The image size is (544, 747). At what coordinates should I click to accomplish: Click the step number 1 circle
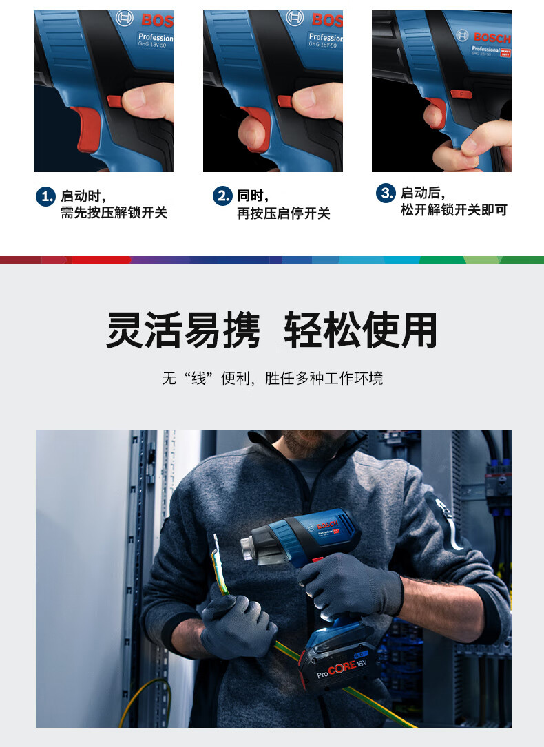[x=45, y=196]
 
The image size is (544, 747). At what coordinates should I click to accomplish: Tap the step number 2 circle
[x=222, y=196]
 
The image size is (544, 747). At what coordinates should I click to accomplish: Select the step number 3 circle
[x=386, y=193]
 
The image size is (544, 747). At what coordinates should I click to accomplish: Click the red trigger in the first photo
[x=87, y=128]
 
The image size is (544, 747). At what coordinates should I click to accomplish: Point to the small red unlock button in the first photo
[x=115, y=101]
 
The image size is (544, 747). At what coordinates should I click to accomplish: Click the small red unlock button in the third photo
[x=461, y=94]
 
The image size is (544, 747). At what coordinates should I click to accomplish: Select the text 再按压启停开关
[x=284, y=213]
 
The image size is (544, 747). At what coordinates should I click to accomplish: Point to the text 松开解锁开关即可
[x=454, y=209]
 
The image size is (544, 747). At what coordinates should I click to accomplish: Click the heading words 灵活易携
[x=183, y=330]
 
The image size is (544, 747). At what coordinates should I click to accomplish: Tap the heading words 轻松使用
[x=361, y=330]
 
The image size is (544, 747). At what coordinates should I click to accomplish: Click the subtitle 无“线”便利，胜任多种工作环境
[x=273, y=378]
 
